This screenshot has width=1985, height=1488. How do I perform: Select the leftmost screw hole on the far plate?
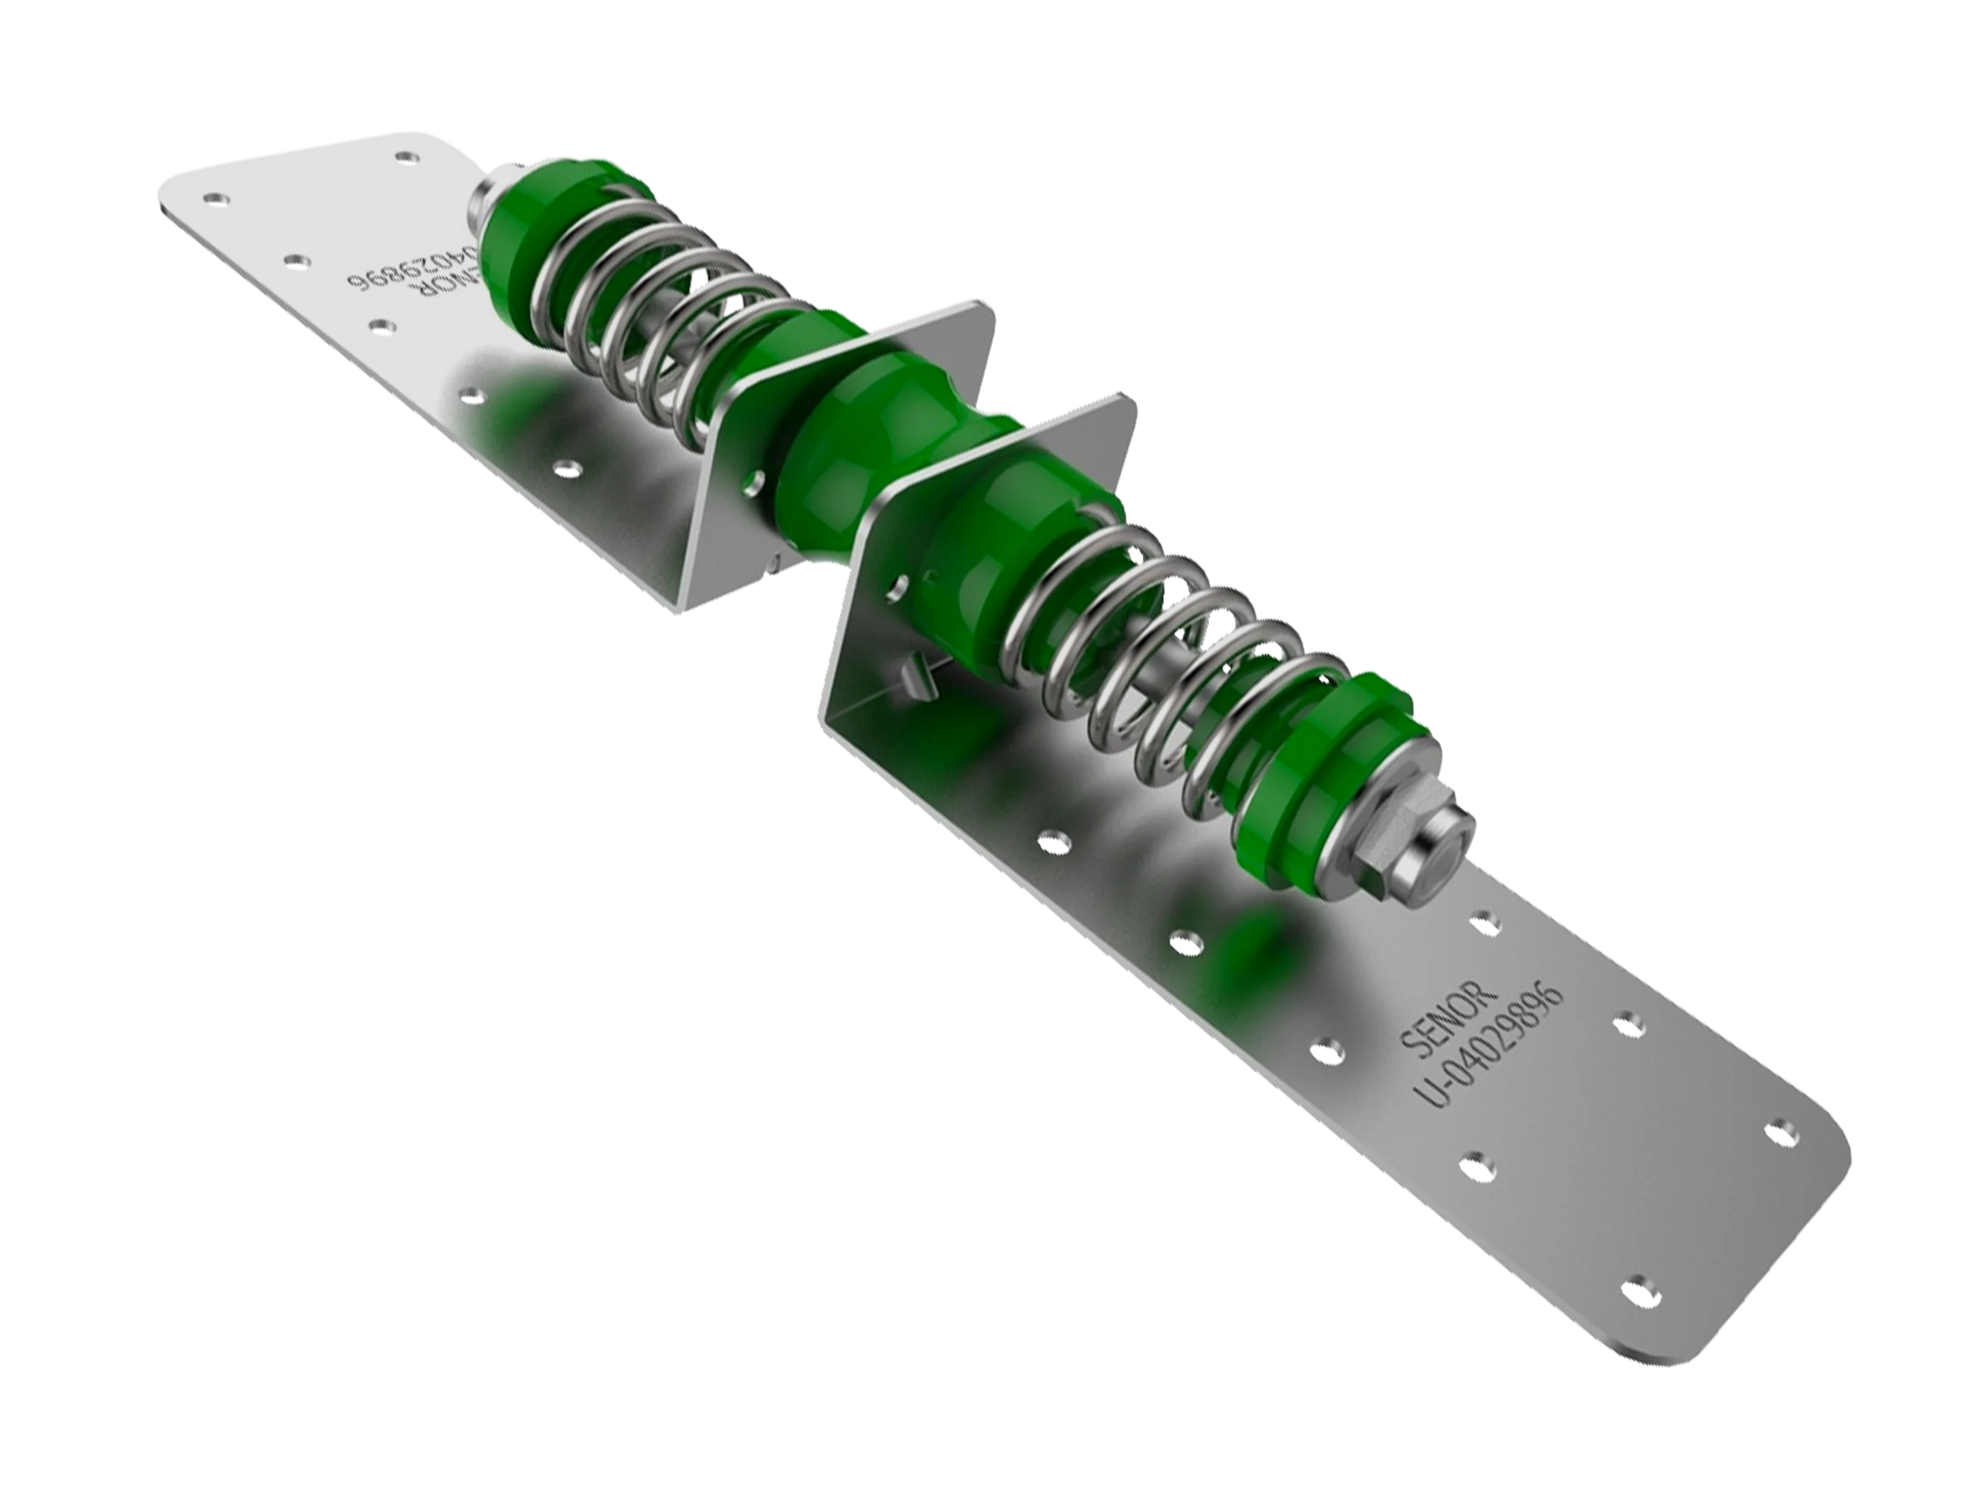(213, 197)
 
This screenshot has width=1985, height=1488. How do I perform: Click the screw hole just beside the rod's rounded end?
(1485, 919)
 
